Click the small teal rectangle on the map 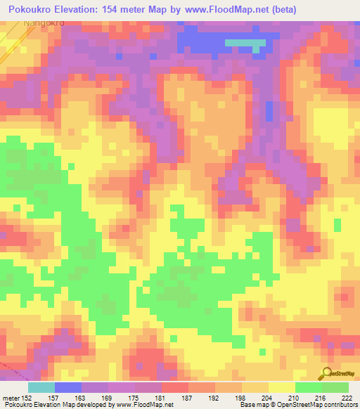[x=245, y=43]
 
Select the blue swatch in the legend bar [x=67, y=387]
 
